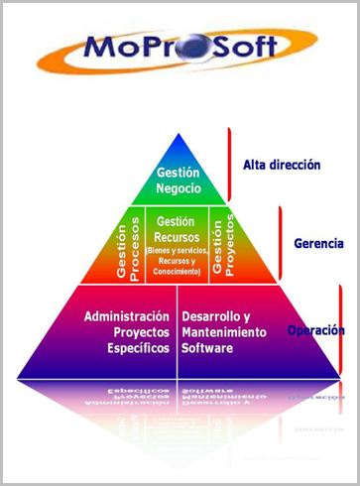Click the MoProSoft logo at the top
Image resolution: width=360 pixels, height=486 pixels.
[x=180, y=48]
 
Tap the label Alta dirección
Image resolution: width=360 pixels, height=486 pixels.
[x=282, y=165]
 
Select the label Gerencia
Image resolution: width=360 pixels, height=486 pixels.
[x=319, y=243]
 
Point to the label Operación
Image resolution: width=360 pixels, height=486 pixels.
[x=316, y=330]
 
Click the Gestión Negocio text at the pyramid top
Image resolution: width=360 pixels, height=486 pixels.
[x=180, y=180]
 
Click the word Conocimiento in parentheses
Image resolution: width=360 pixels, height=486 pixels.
[x=176, y=271]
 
